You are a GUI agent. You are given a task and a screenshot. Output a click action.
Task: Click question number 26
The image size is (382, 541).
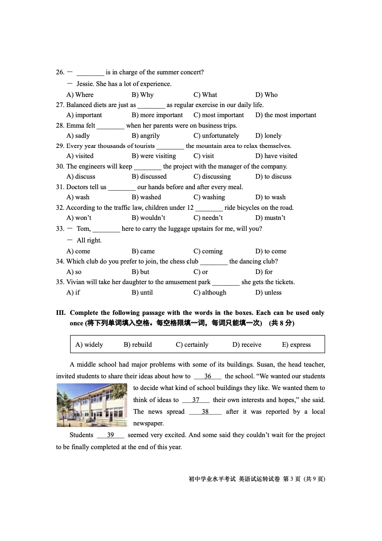pyautogui.click(x=60, y=72)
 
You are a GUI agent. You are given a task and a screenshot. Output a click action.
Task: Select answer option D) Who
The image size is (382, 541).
pyautogui.click(x=266, y=95)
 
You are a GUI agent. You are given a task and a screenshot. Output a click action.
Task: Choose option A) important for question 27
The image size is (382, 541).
pyautogui.click(x=84, y=115)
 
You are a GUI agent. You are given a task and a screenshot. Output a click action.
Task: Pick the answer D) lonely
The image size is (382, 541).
pyautogui.click(x=268, y=135)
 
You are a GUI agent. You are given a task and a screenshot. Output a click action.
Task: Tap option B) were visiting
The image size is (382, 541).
pyautogui.click(x=154, y=156)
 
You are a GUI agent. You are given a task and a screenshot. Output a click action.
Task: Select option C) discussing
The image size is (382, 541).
pyautogui.click(x=212, y=176)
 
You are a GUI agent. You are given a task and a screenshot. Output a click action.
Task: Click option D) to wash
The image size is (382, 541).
pyautogui.click(x=270, y=197)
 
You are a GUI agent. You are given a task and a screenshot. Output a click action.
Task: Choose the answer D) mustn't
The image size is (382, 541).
pyautogui.click(x=270, y=218)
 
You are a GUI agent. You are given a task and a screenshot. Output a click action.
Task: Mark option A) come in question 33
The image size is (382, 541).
pyautogui.click(x=78, y=251)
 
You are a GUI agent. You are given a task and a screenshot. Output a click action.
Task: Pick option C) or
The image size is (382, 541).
pyautogui.click(x=201, y=272)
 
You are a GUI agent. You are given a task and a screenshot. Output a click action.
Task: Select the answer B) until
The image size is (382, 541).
pyautogui.click(x=142, y=292)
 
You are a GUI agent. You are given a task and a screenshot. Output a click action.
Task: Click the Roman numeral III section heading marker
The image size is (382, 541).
pyautogui.click(x=61, y=313)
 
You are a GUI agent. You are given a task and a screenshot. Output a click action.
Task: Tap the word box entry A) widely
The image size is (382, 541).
pyautogui.click(x=89, y=344)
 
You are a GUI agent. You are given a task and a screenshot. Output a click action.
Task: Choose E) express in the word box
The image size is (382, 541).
pyautogui.click(x=296, y=344)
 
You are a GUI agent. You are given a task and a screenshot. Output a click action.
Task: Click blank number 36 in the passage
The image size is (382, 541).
pyautogui.click(x=208, y=376)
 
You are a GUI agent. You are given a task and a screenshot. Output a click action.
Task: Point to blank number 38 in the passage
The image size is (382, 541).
pyautogui.click(x=205, y=411)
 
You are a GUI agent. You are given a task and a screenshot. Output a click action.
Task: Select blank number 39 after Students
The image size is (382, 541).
pyautogui.click(x=110, y=435)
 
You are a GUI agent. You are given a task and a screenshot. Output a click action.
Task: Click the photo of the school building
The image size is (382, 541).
pyautogui.click(x=92, y=405)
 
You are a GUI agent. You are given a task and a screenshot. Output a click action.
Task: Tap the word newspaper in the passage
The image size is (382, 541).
pyautogui.click(x=148, y=423)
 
